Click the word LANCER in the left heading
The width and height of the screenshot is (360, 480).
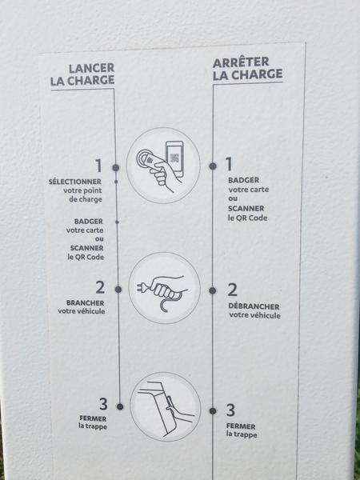pos(91,68)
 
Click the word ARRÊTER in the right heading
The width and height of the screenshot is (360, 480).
pos(241,62)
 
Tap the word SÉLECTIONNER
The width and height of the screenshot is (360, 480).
pos(75,182)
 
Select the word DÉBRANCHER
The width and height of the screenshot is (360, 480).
pos(254,306)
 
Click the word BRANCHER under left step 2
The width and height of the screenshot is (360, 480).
pos(85,302)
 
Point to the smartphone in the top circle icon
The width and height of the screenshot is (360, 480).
pos(174,158)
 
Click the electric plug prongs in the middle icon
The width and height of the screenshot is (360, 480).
pos(141,287)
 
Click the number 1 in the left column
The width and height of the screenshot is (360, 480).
pos(98,166)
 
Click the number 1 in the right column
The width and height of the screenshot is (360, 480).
pos(229,164)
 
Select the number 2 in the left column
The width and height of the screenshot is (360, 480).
pos(100,287)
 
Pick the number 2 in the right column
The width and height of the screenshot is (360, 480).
pos(232,290)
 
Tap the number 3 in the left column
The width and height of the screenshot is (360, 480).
pos(103,404)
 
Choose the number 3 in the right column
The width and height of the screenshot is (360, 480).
pos(231,410)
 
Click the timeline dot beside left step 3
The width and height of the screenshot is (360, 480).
pos(120,406)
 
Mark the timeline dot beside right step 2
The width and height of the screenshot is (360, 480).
pos(213,290)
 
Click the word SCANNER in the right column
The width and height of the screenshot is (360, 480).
pos(246,209)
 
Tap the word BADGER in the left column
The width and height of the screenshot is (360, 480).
pos(89,221)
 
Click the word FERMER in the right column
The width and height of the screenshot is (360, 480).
pos(241,426)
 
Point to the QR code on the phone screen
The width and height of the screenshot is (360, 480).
pos(174,158)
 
